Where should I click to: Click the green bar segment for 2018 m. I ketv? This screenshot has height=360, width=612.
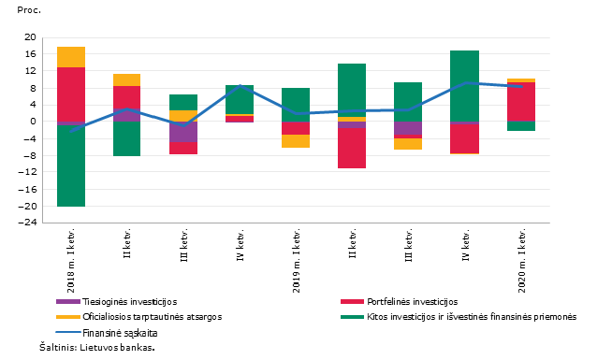pos(71,166)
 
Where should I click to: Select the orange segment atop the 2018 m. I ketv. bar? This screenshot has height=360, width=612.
pos(71,57)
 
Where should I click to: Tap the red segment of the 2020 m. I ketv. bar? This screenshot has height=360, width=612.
pos(521,102)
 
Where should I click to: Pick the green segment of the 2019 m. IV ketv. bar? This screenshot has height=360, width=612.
pos(465,86)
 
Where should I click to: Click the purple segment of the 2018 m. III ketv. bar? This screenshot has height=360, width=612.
pos(183,132)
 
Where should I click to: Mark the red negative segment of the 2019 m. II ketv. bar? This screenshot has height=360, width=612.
pos(352,149)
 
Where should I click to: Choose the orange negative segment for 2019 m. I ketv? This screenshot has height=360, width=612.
pos(296,141)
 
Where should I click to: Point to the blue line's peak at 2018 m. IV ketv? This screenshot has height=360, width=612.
pos(240,85)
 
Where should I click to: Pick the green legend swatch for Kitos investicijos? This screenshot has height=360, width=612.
pos(352,317)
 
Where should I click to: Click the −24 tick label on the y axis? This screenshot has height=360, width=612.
pos(27,223)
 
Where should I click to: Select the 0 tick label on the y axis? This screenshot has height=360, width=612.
pos(33,122)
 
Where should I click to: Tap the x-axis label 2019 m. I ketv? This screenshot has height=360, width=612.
pos(297,261)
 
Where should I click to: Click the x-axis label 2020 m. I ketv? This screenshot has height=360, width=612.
pos(521,261)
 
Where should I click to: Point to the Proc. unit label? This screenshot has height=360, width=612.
pos(29,10)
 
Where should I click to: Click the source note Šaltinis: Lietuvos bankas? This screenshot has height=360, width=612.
pos(97,347)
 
